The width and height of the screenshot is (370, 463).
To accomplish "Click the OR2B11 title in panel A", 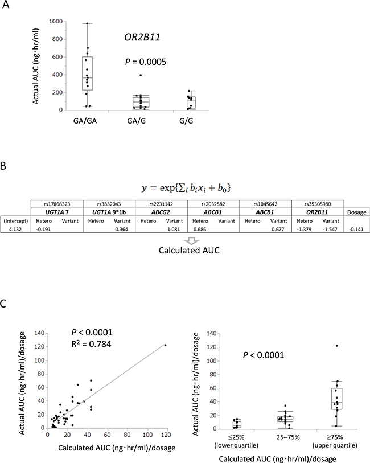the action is click(142, 37).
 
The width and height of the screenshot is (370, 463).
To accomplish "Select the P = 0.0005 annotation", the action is click(146, 62).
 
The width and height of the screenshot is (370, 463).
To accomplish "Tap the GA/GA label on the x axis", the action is click(85, 121).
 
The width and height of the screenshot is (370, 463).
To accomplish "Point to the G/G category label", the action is click(186, 121).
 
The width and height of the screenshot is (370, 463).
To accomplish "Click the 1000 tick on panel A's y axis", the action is click(56, 21).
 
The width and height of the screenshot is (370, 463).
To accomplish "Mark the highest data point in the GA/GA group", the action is click(87, 23).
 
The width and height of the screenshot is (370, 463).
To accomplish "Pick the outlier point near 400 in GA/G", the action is click(141, 75).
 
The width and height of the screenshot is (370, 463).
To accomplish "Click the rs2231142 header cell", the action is click(161, 204).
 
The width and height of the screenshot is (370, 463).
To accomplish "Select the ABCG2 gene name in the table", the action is click(161, 212).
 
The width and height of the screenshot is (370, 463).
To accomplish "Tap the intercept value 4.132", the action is click(15, 229).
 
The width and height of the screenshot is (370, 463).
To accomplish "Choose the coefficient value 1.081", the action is click(174, 229).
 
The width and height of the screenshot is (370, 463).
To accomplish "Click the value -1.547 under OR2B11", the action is click(330, 229).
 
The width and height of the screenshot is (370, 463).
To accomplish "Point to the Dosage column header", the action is click(357, 212).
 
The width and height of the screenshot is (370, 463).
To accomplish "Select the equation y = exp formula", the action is click(186, 188).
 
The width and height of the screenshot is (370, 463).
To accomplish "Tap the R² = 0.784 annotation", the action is click(91, 344).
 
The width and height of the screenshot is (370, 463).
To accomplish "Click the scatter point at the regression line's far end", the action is click(165, 345).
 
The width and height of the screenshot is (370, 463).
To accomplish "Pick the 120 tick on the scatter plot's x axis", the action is click(166, 435).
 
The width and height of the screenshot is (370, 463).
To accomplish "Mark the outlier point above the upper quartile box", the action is click(337, 346).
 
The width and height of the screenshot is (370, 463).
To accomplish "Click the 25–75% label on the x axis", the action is click(288, 437).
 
